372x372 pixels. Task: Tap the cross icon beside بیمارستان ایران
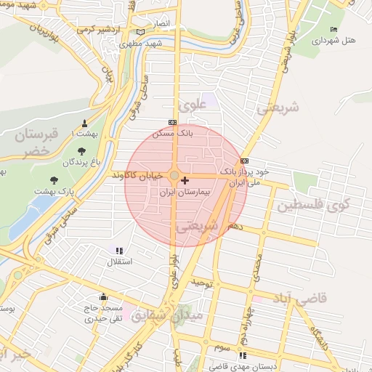click(x=185, y=179)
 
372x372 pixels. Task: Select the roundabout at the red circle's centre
click(x=174, y=176)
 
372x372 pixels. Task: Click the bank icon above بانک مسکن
click(x=172, y=122)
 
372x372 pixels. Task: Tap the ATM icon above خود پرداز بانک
click(x=244, y=161)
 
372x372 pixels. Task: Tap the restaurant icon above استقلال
click(x=118, y=250)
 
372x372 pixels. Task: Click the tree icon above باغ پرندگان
click(x=81, y=151)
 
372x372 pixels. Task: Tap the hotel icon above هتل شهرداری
click(x=333, y=29)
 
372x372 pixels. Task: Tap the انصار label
click(x=161, y=24)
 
